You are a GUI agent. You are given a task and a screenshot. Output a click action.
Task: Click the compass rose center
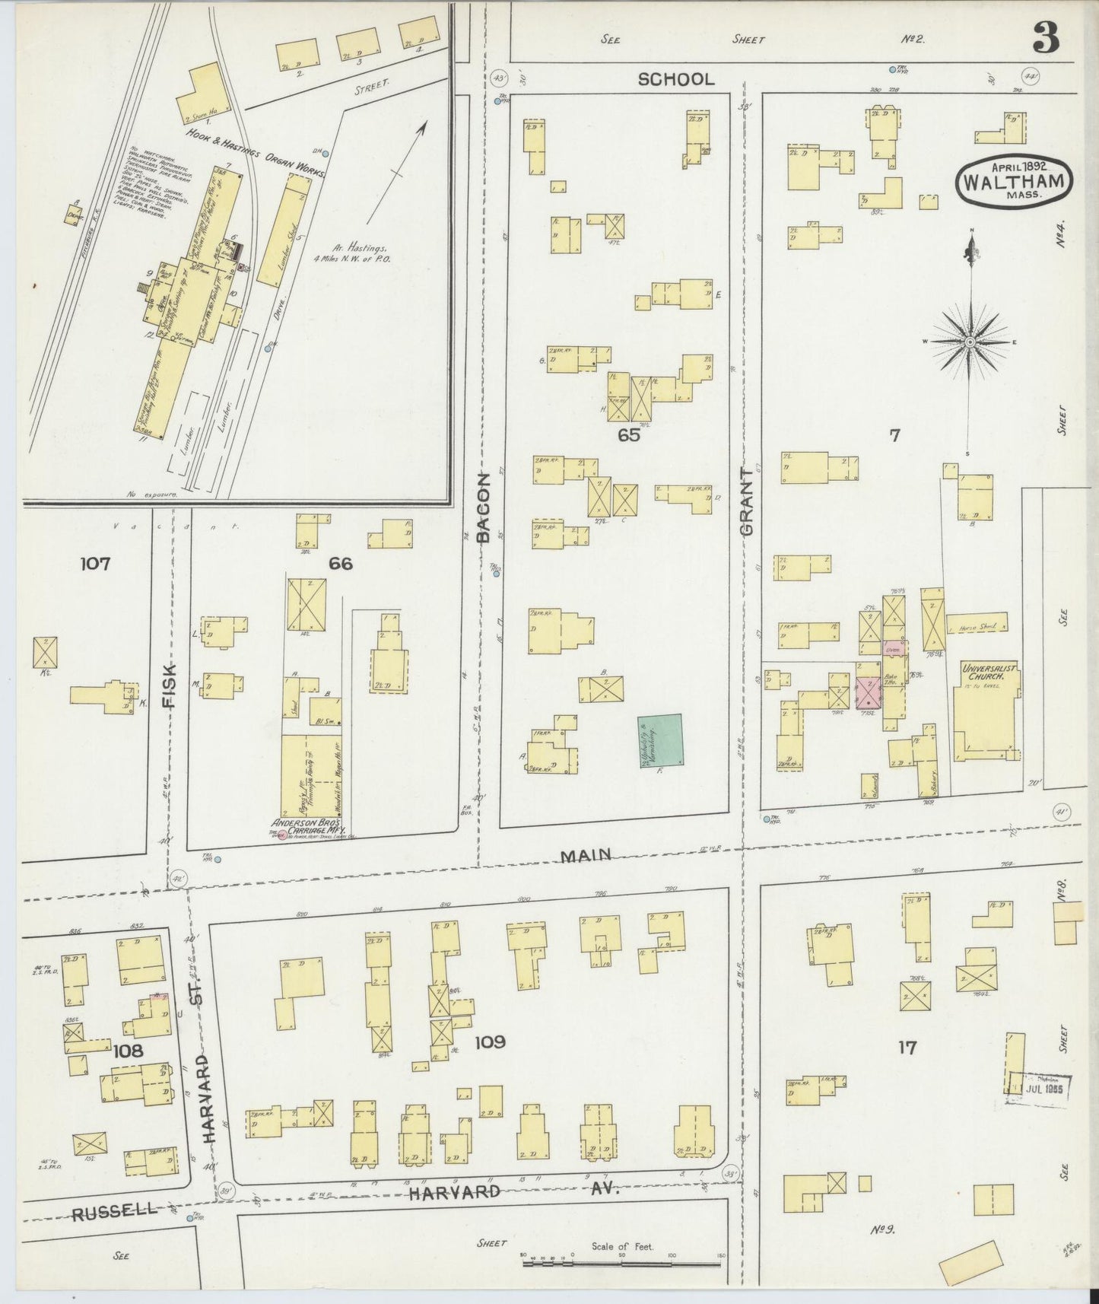970,342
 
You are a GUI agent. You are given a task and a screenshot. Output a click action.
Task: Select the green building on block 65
660,739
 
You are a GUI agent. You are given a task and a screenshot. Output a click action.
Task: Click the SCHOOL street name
676,79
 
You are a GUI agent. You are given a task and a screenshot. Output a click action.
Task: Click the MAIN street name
586,855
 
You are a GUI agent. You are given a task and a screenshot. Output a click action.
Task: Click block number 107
96,564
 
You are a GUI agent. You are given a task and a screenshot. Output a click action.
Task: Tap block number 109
489,1042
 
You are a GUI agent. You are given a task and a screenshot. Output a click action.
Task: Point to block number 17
906,1048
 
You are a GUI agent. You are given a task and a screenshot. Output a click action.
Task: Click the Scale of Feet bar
623,1264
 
